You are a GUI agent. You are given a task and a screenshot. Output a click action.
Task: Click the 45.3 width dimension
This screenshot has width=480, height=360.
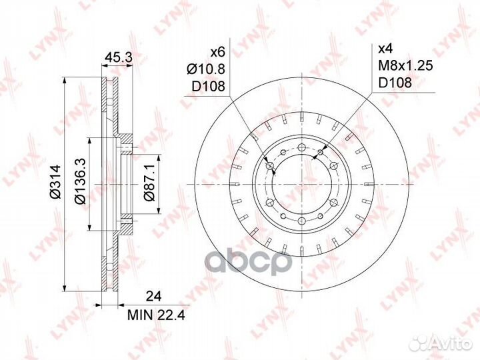pyautogui.click(x=118, y=57)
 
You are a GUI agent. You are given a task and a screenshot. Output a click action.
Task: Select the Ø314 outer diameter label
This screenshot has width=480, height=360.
pyautogui.click(x=56, y=181)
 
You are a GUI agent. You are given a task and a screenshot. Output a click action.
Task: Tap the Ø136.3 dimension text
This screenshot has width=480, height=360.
pyautogui.click(x=80, y=181)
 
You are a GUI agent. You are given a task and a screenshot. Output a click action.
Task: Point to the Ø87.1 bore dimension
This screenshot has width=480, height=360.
pyautogui.click(x=150, y=183)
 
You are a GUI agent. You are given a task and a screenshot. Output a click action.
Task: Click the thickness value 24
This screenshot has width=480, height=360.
pyautogui.click(x=153, y=296)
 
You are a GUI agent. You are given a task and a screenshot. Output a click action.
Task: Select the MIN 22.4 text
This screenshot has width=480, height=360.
pyautogui.click(x=156, y=315)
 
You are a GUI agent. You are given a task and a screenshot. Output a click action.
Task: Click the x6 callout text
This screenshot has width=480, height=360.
pyautogui.click(x=218, y=52)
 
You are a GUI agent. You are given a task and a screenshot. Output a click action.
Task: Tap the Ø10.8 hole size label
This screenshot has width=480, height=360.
pyautogui.click(x=206, y=69)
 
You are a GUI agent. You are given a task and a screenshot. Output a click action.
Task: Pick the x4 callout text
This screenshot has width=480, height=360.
pyautogui.click(x=385, y=49)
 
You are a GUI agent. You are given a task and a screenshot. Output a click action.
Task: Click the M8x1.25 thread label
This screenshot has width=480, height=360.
pyautogui.click(x=405, y=65)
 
